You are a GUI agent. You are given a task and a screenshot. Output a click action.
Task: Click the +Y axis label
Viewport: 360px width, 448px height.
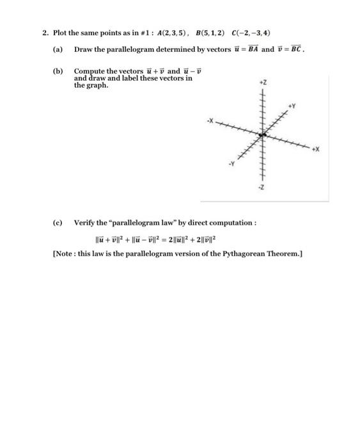tap(292, 104)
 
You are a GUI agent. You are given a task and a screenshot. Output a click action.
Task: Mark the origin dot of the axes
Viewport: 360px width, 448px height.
tap(263, 134)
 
